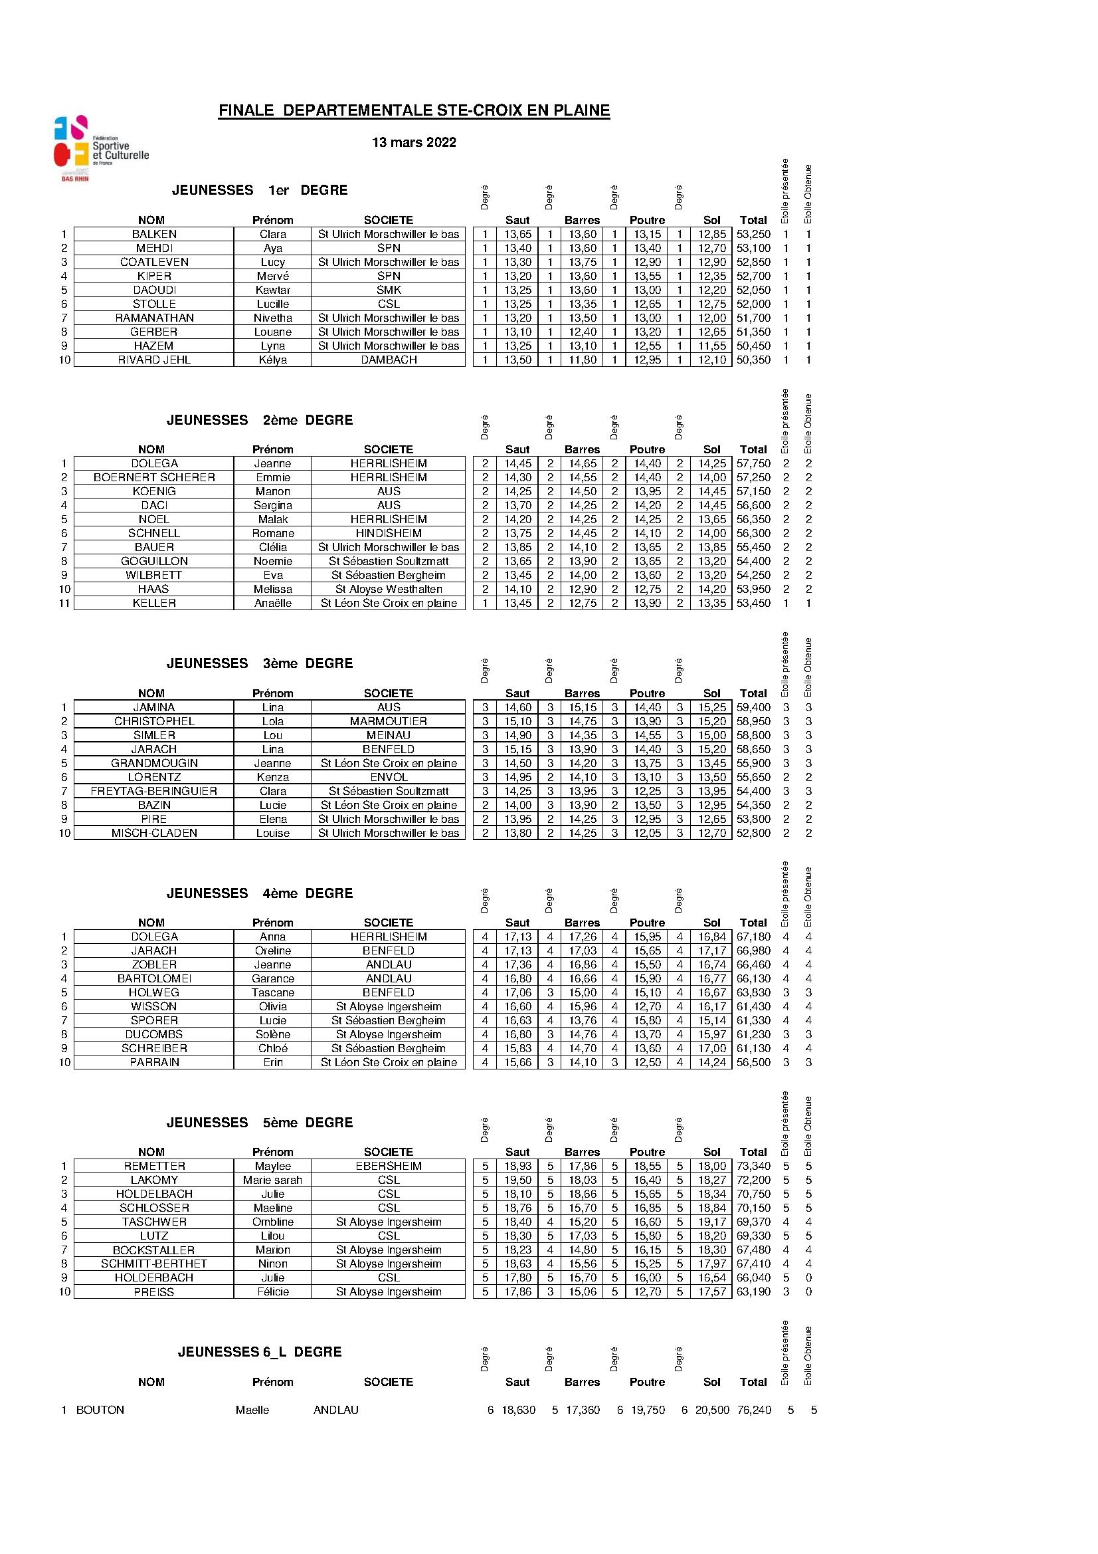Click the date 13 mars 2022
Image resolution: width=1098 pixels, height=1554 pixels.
pos(414,142)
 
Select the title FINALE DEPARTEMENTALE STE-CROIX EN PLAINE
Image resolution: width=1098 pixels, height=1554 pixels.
pos(414,110)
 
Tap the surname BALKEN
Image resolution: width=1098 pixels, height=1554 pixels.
pos(154,234)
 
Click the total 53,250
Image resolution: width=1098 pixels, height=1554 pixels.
pos(754,234)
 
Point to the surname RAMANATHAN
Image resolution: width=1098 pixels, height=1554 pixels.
pos(154,318)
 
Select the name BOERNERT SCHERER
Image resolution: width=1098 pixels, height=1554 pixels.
pos(154,478)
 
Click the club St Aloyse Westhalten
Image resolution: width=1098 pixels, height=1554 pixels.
pos(389,590)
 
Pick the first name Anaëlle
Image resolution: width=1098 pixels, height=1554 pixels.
pos(272,603)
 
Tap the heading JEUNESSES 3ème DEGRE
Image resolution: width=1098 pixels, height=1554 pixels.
pos(260,663)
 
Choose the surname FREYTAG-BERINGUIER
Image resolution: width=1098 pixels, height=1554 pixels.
pos(154,791)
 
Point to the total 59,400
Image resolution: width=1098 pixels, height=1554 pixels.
pos(754,707)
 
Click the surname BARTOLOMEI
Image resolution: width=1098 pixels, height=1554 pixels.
pos(154,978)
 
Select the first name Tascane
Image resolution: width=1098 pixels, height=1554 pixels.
pos(272,993)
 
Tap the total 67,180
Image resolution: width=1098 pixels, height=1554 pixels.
pos(754,937)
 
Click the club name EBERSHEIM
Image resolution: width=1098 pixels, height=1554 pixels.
pos(389,1166)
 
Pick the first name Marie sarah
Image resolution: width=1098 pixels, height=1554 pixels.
pos(272,1180)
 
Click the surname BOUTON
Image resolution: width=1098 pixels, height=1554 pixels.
pos(100,1410)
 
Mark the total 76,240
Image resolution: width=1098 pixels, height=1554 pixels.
pos(754,1410)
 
